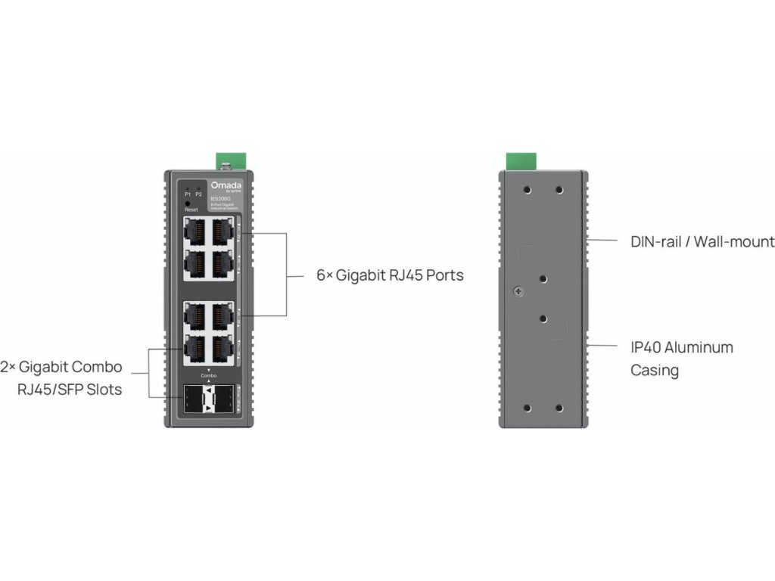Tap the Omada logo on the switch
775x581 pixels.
[224, 185]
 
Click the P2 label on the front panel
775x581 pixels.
[198, 194]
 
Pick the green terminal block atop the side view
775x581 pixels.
[521, 160]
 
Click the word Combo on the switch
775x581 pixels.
[209, 375]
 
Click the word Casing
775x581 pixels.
[655, 371]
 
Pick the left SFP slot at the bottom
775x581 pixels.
[195, 398]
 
